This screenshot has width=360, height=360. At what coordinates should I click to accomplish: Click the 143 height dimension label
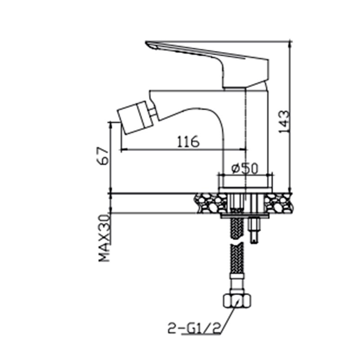coord(284,121)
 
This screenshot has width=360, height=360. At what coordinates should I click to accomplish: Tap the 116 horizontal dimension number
coord(188,141)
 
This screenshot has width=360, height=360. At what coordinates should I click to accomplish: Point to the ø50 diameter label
coord(245,168)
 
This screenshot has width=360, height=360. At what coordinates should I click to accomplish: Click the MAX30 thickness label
coord(104,238)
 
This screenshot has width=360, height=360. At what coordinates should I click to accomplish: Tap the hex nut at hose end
coord(237,300)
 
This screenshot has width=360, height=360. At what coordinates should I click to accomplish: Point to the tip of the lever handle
coord(146,42)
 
